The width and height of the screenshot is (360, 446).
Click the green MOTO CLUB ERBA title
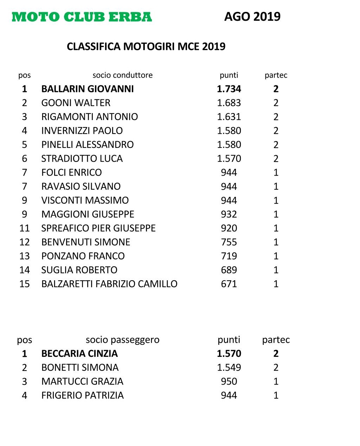pyautogui.click(x=82, y=17)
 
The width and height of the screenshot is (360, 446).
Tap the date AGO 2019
pyautogui.click(x=252, y=17)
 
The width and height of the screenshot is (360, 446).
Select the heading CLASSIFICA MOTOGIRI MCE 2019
pyautogui.click(x=146, y=47)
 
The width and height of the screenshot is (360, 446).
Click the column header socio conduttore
pyautogui.click(x=122, y=75)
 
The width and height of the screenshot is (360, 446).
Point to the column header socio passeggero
pyautogui.click(x=122, y=340)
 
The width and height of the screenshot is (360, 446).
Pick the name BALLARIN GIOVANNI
pyautogui.click(x=88, y=89)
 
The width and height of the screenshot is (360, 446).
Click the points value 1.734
pyautogui.click(x=229, y=89)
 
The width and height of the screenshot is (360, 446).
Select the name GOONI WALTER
pyautogui.click(x=76, y=103)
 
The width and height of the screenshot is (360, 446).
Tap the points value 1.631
pyautogui.click(x=229, y=117)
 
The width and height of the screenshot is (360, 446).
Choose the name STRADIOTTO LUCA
pyautogui.click(x=82, y=158)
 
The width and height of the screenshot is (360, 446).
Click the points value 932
pyautogui.click(x=229, y=214)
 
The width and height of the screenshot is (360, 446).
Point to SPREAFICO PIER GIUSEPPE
pyautogui.click(x=98, y=228)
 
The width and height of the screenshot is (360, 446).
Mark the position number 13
pyautogui.click(x=24, y=256)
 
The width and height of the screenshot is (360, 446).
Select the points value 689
pyautogui.click(x=229, y=270)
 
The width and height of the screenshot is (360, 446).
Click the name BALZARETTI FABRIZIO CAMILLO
pyautogui.click(x=109, y=284)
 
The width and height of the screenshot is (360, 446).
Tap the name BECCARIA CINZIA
pyautogui.click(x=79, y=354)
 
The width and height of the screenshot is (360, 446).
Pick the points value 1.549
pyautogui.click(x=229, y=368)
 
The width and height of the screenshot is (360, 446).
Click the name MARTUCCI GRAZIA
pyautogui.click(x=82, y=381)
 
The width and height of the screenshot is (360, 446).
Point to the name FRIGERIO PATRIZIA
pyautogui.click(x=82, y=395)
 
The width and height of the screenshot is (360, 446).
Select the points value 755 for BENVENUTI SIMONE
pyautogui.click(x=229, y=242)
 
